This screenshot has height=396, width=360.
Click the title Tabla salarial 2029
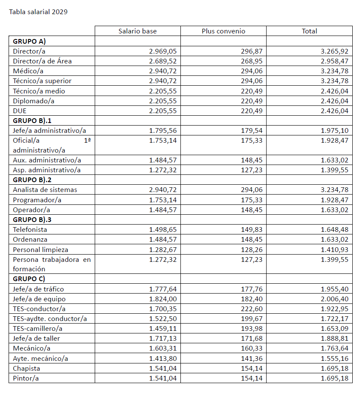coord(38,12)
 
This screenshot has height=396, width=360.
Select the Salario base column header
coord(138,31)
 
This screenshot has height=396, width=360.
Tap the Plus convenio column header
coord(223,31)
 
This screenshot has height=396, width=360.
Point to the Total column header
coord(309,31)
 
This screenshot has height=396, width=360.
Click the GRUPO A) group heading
coord(29,42)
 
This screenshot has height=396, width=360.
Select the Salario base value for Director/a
coord(163,51)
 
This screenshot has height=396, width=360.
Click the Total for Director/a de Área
coord(334,61)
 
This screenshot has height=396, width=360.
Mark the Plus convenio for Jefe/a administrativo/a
coord(252,130)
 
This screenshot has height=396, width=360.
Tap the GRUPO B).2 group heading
coord(33,180)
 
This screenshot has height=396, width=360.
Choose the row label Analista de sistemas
coord(45,190)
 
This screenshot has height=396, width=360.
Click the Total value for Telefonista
coord(334,230)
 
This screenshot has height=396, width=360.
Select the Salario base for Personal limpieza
coord(163,249)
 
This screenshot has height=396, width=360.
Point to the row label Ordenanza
coord(30,240)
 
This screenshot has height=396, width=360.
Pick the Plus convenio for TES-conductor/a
coord(252,309)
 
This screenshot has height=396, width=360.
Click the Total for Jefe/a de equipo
coord(334,299)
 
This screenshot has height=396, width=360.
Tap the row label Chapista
coord(26,369)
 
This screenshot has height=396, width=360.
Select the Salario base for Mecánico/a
coord(163,348)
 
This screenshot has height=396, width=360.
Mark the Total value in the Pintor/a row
coord(334,378)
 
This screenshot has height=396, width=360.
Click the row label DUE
coord(20,111)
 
